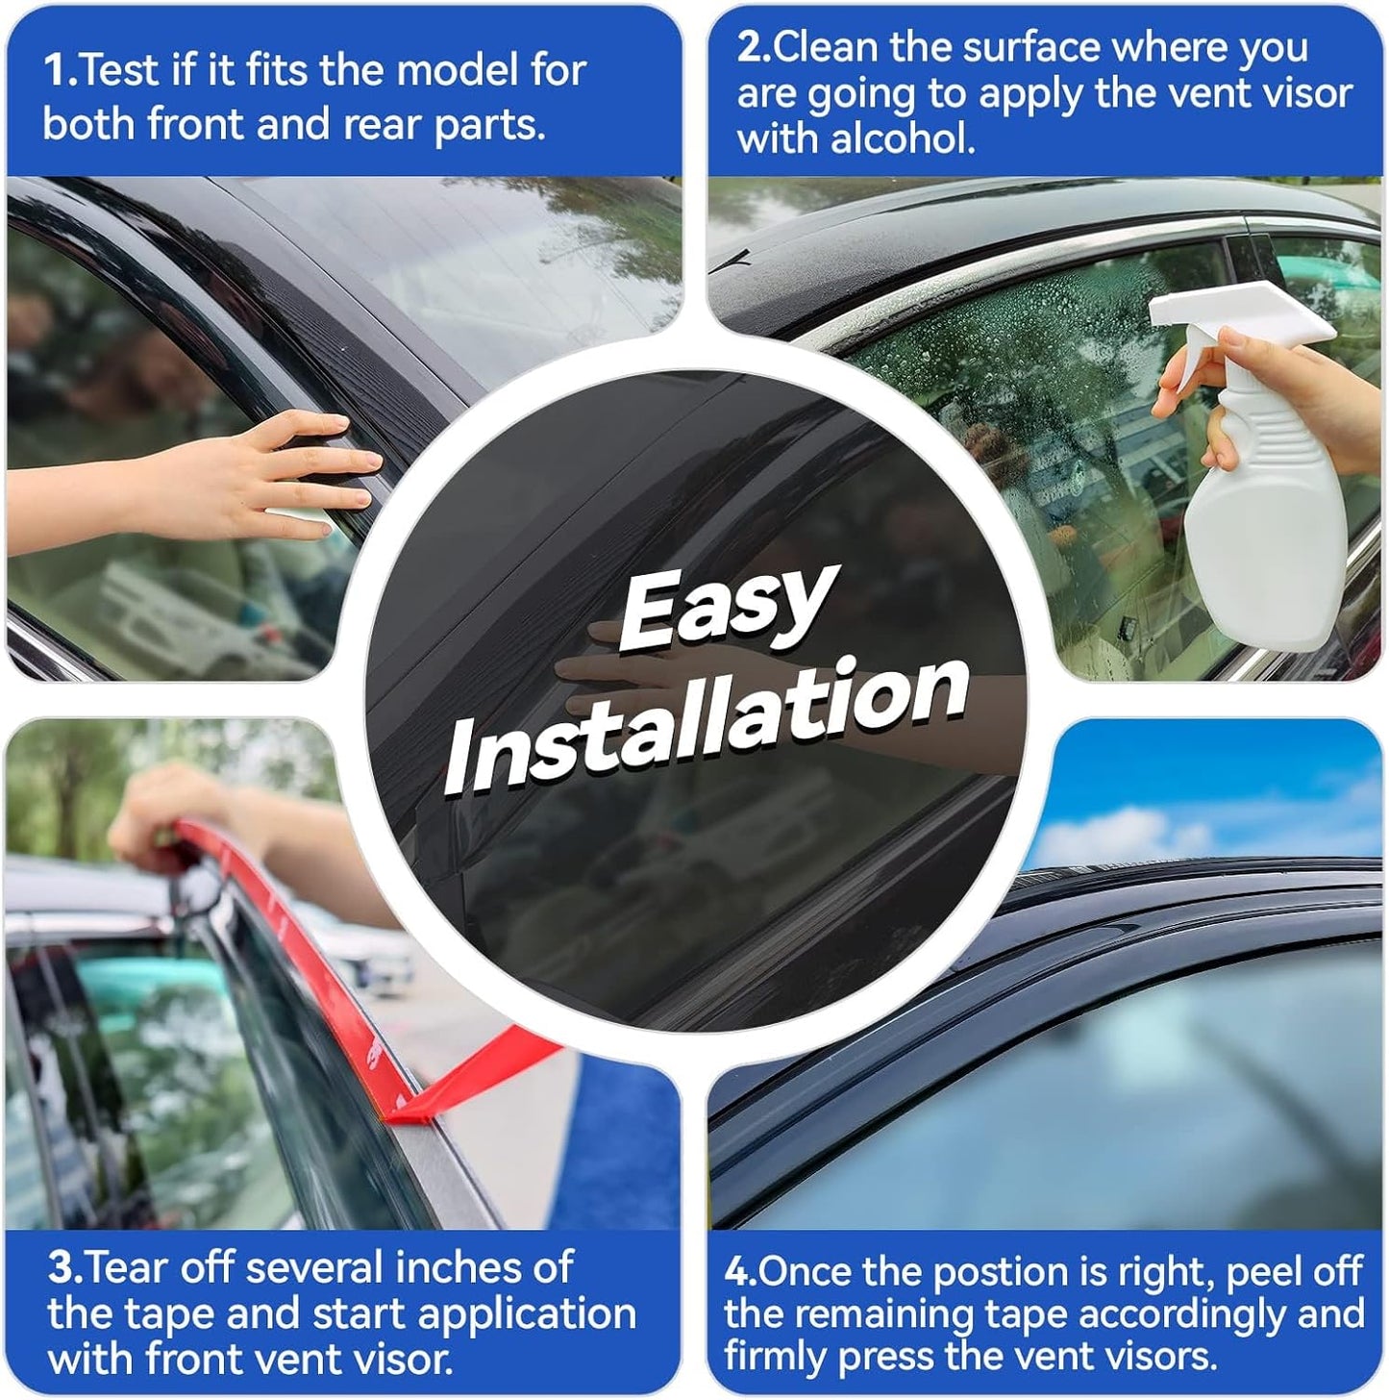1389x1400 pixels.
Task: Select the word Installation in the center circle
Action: (707, 726)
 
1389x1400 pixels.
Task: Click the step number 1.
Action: (59, 70)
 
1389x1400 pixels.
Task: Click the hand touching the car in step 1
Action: (288, 471)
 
